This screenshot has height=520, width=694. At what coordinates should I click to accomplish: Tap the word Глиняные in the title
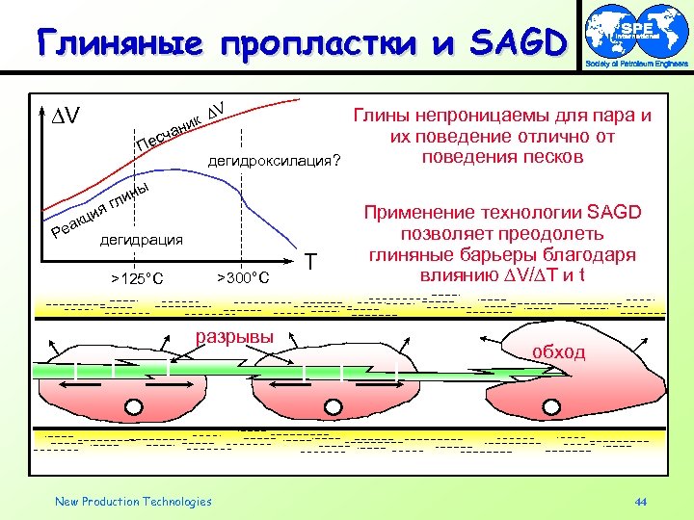click(x=117, y=42)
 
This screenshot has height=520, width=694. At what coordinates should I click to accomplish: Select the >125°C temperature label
click(x=136, y=279)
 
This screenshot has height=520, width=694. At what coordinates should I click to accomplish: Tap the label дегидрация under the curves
click(x=142, y=240)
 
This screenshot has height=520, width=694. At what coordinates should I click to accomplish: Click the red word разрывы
click(x=234, y=337)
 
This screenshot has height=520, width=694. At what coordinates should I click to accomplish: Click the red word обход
click(x=558, y=351)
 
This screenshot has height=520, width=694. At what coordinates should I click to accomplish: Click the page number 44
click(x=641, y=502)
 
